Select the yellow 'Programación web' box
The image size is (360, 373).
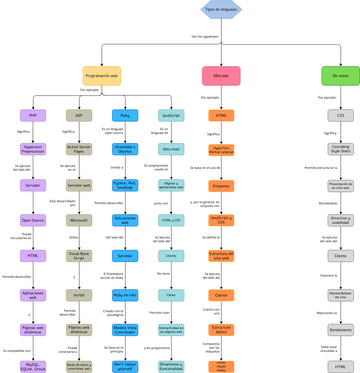(x=102, y=75)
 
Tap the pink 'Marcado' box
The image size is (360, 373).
(x=220, y=75)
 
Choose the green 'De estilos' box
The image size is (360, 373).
(x=340, y=75)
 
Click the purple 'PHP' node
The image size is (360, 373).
(x=33, y=115)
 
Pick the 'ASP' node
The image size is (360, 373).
(x=79, y=115)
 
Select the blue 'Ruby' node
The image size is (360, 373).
(x=125, y=115)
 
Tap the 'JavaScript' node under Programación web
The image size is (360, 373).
(x=171, y=115)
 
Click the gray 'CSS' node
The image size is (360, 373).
(x=340, y=115)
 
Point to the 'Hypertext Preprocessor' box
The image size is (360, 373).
(x=33, y=149)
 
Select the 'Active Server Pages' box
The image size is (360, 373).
(x=79, y=149)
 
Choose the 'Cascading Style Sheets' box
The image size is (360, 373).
(x=340, y=149)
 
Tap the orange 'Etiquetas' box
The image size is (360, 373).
(x=221, y=185)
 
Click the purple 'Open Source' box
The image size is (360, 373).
(x=33, y=220)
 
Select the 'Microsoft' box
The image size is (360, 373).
(x=79, y=220)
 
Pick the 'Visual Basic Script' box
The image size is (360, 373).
(x=79, y=255)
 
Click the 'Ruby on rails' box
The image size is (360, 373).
(x=125, y=295)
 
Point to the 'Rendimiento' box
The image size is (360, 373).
(x=340, y=330)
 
